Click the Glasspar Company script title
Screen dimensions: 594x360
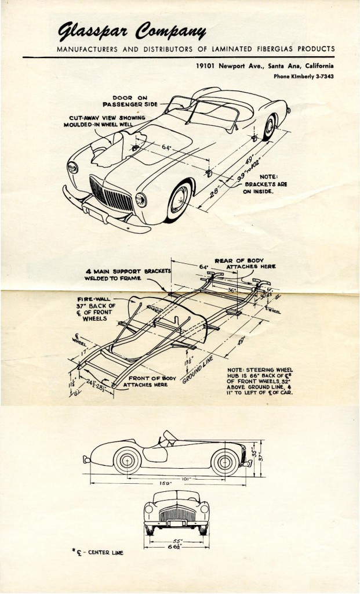132,30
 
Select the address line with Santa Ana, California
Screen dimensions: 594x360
264,66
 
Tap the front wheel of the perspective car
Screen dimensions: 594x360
179,200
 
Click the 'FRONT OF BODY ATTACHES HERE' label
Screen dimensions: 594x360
145,381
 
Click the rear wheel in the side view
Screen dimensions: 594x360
223,461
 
